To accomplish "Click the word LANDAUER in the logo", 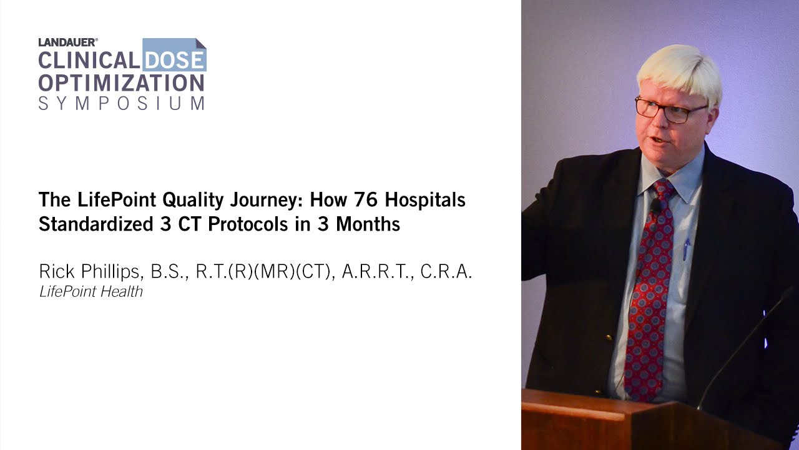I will pos(67,42).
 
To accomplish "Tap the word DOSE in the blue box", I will pos(174,60).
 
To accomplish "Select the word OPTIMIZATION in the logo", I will pos(121,82).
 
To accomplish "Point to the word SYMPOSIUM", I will pos(121,103).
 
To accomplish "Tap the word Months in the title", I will pos(368,224).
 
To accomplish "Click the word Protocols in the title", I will pos(250,224).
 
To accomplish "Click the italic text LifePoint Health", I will pos(91,291).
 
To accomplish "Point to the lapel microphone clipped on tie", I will pos(656,206).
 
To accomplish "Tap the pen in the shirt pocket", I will pos(687,249).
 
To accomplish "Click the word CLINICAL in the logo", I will pos(89,60).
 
